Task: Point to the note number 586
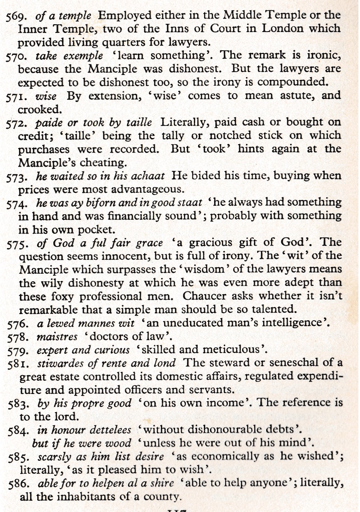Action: coord(19,484)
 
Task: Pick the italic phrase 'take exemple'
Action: coord(69,56)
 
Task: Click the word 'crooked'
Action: coord(39,110)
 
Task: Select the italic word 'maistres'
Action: coord(57,337)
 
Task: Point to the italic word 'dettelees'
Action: coord(110,430)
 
